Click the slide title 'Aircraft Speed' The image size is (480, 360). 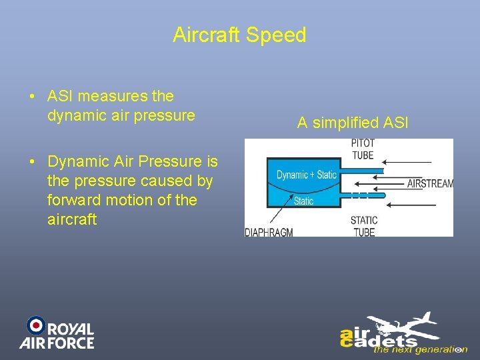(x=239, y=35)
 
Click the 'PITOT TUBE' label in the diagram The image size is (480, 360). (x=363, y=149)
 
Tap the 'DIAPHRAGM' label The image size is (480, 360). (x=269, y=232)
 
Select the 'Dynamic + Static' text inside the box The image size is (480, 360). (x=307, y=175)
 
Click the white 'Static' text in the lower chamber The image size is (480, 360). (x=303, y=201)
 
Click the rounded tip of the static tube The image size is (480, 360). (x=382, y=195)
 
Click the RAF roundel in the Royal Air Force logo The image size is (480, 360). (x=35, y=325)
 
